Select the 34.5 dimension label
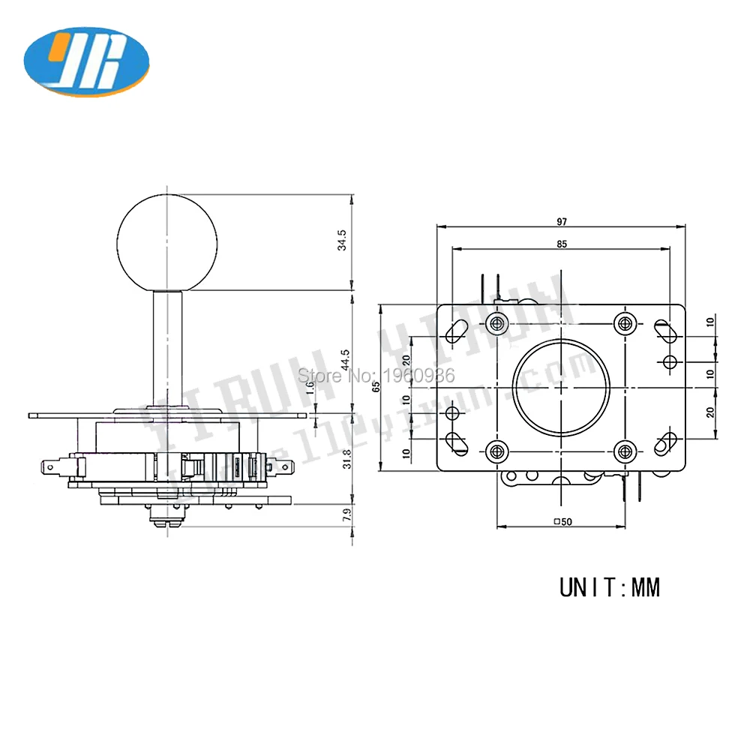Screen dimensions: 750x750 pyautogui.click(x=343, y=241)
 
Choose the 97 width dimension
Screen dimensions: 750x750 pyautogui.click(x=562, y=222)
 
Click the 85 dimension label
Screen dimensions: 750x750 pyautogui.click(x=562, y=244)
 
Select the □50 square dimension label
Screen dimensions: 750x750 pyautogui.click(x=562, y=522)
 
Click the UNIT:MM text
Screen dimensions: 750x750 pyautogui.click(x=610, y=586)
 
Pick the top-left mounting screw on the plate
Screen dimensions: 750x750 pyautogui.click(x=496, y=323)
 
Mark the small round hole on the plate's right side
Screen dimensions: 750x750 pyautogui.click(x=670, y=361)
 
